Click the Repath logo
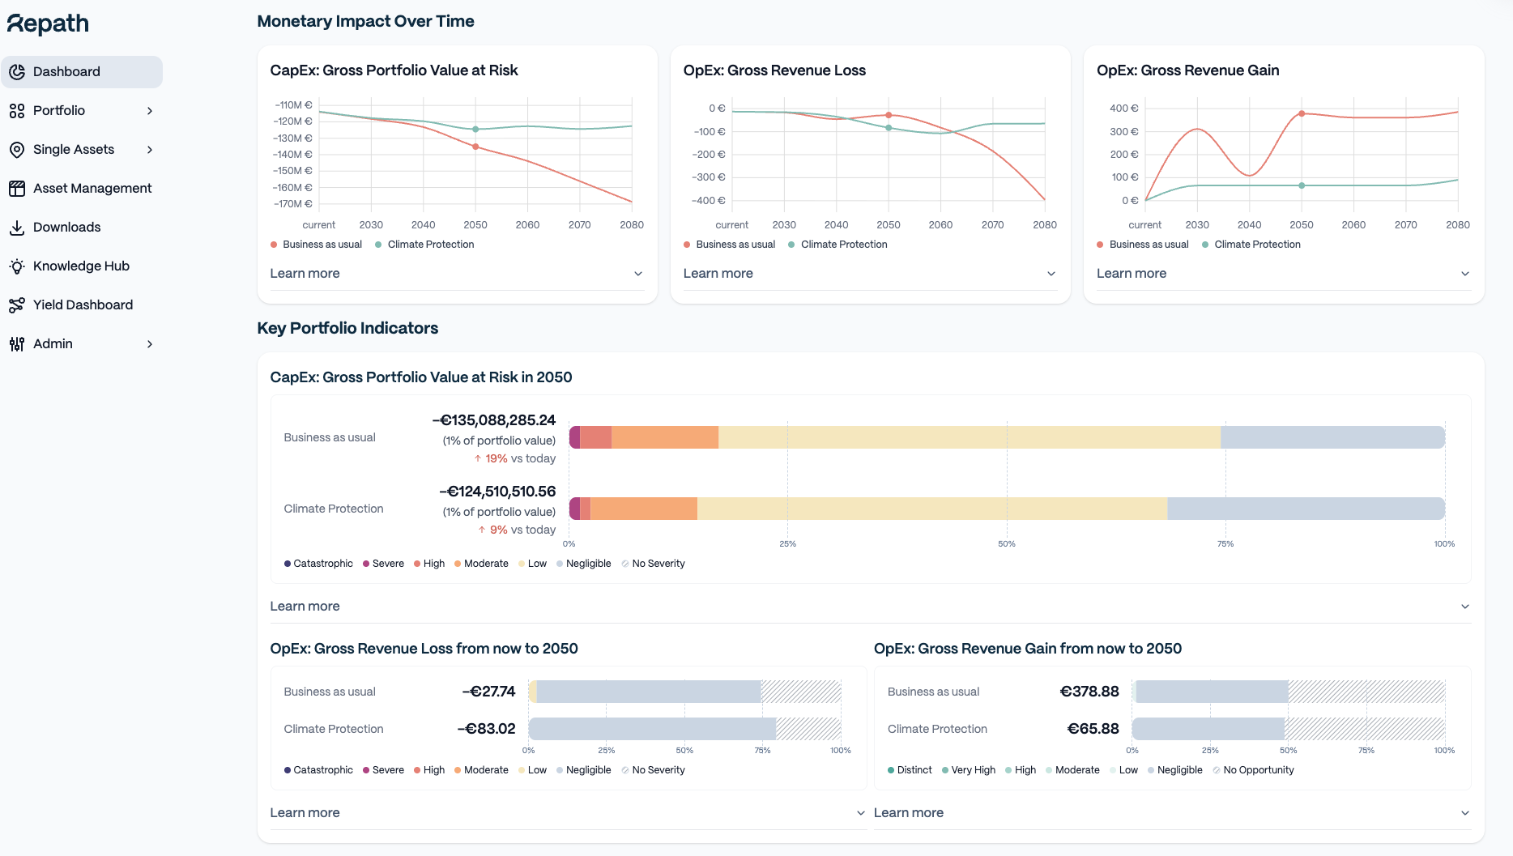click(x=49, y=24)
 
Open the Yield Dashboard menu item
click(x=83, y=304)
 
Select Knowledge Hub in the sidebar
click(x=81, y=266)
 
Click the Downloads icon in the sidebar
click(x=17, y=228)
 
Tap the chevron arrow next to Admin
click(x=150, y=344)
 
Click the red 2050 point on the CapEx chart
click(x=475, y=147)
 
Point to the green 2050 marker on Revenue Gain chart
click(x=1302, y=185)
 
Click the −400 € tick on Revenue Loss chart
click(x=709, y=200)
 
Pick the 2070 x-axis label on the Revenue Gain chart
click(x=1405, y=224)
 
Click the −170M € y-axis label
click(x=292, y=203)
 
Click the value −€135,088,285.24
click(x=494, y=420)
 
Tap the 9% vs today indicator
click(x=517, y=530)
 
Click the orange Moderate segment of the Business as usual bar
click(x=665, y=437)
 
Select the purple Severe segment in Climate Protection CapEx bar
click(x=575, y=509)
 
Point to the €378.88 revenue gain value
click(x=1089, y=692)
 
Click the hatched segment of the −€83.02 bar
click(x=808, y=729)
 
